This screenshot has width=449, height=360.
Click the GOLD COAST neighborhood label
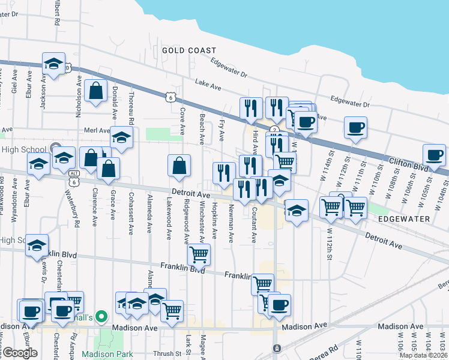[x=189, y=50]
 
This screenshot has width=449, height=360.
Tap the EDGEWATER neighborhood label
[x=405, y=219]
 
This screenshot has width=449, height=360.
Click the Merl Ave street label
[x=96, y=130]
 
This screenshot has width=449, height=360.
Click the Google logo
[x=19, y=353]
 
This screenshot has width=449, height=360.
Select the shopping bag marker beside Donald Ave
[x=96, y=92]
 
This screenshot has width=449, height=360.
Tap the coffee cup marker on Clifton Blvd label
[x=434, y=155]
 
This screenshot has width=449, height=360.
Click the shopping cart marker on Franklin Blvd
[x=199, y=254]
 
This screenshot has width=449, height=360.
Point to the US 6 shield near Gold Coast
[x=171, y=97]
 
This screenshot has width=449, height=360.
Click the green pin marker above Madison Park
[x=101, y=316]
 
